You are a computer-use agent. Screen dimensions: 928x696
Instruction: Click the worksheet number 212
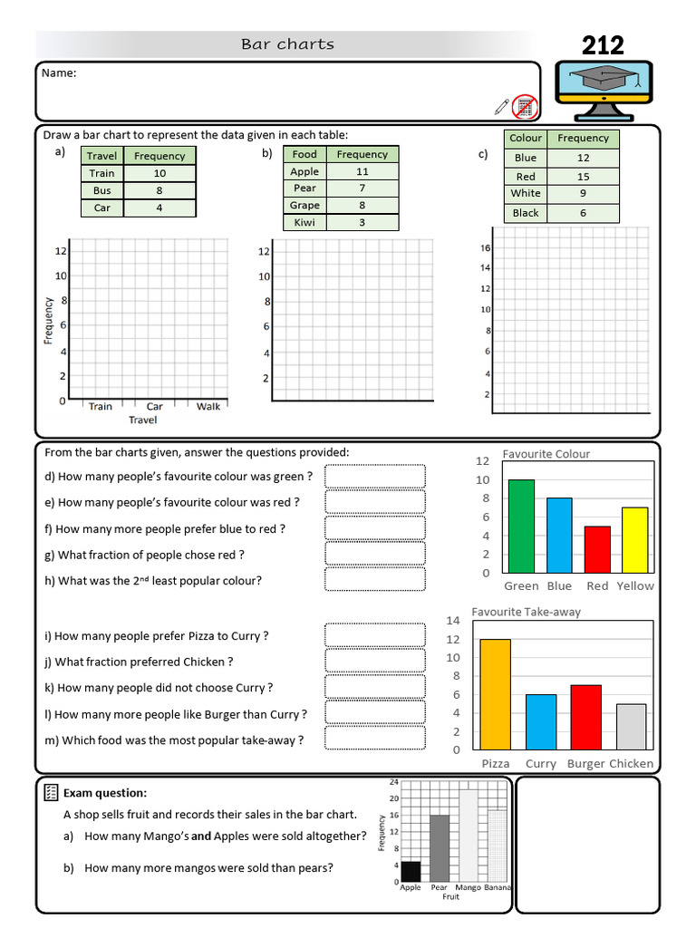tap(603, 44)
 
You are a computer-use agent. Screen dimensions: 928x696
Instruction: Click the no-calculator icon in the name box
tap(524, 107)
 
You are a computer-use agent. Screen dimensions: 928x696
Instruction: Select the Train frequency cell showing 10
tap(159, 173)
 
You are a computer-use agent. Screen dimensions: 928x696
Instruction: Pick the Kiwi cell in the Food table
tap(304, 222)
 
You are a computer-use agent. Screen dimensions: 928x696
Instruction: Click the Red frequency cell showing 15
tap(583, 177)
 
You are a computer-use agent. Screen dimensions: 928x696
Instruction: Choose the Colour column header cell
tap(526, 139)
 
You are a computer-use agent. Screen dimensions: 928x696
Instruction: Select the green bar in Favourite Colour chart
tap(521, 527)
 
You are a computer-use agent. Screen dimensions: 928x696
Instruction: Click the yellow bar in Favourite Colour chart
tap(635, 540)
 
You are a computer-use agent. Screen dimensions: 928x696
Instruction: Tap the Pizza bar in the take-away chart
tap(496, 694)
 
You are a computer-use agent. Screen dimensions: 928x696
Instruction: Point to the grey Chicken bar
tap(632, 726)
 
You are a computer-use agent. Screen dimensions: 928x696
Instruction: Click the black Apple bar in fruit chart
tap(411, 871)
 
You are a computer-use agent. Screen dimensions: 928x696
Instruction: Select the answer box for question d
tap(374, 476)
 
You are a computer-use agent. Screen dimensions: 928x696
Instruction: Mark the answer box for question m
tap(374, 738)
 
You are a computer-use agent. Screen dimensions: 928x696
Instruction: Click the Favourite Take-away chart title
tap(526, 612)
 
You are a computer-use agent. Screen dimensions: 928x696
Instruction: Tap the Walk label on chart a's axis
tap(208, 406)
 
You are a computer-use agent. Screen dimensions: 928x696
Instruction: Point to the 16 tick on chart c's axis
tap(485, 247)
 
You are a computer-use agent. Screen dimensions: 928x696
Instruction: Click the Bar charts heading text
tap(287, 43)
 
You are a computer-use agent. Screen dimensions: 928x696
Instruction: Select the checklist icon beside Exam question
tap(51, 793)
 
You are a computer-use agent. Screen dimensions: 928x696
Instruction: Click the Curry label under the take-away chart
tap(541, 764)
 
